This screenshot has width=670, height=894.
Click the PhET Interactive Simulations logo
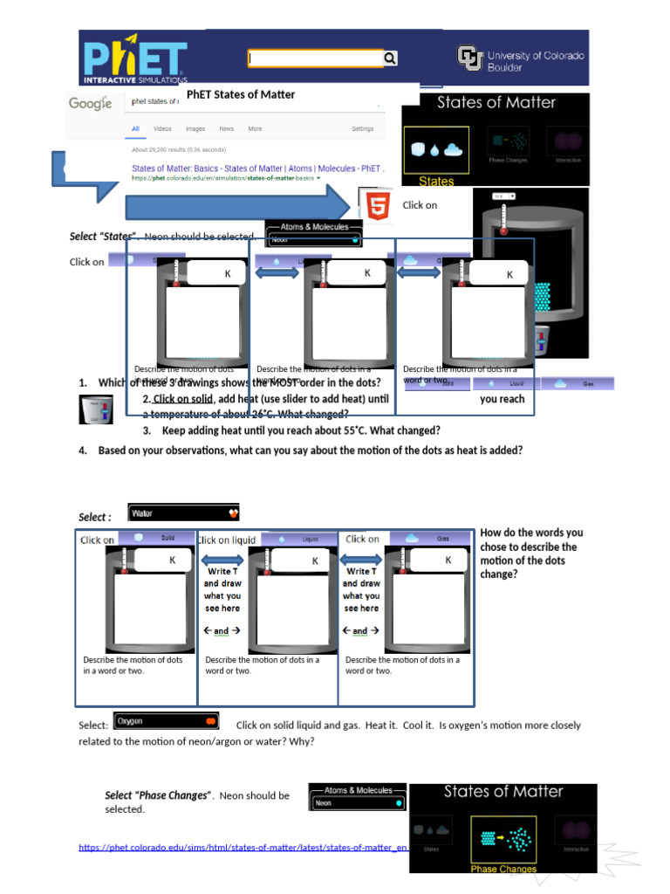[x=135, y=59]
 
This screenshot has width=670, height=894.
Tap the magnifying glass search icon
[x=390, y=58]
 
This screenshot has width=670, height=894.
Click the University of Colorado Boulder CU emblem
[x=469, y=58]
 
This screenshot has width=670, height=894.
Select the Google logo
[x=91, y=104]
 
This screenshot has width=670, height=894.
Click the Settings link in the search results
[x=363, y=128]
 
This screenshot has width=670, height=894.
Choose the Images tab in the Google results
[x=195, y=128]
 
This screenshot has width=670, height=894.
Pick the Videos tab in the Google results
[x=162, y=128]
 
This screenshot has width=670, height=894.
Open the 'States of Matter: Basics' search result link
[x=257, y=168]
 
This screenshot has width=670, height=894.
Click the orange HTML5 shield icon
[x=378, y=207]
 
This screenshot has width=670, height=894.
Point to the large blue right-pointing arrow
[x=236, y=207]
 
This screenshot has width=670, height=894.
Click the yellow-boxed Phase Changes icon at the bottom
[x=503, y=841]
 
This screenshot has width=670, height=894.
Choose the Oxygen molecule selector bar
[x=166, y=721]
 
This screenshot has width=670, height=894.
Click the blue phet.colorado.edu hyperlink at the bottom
[x=243, y=847]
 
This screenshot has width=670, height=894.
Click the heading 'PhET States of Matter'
[x=241, y=94]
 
